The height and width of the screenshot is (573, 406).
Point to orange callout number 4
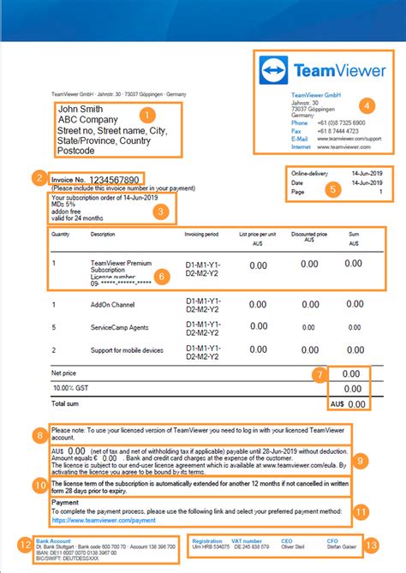pyautogui.click(x=367, y=107)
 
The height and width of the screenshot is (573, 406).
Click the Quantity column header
pyautogui.click(x=60, y=233)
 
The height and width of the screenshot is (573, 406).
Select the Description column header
pyautogui.click(x=102, y=233)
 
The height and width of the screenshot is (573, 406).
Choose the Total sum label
pyautogui.click(x=65, y=403)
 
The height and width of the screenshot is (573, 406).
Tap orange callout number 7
pyautogui.click(x=318, y=374)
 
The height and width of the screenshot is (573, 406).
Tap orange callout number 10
pyautogui.click(x=39, y=484)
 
